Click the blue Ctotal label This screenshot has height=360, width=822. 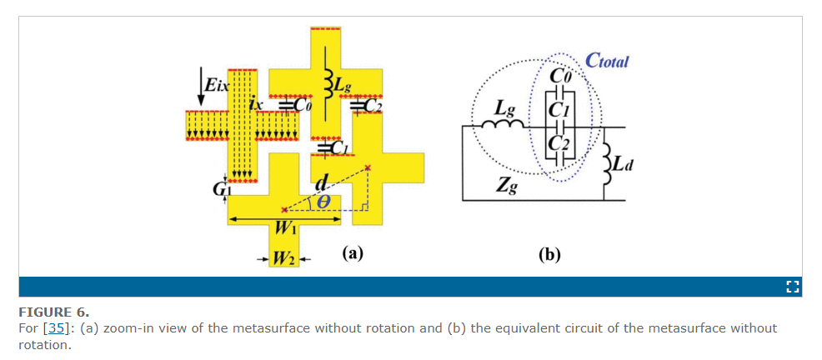[606, 62]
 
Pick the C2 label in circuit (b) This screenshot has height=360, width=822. [560, 142]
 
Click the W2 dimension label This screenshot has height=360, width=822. [284, 258]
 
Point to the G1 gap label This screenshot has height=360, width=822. [219, 189]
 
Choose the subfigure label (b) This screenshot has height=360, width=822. [549, 256]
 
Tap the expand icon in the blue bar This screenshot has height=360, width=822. [793, 287]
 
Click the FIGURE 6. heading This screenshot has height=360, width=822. [54, 312]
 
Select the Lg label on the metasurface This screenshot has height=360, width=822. [343, 87]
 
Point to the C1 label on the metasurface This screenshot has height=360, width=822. [338, 149]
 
